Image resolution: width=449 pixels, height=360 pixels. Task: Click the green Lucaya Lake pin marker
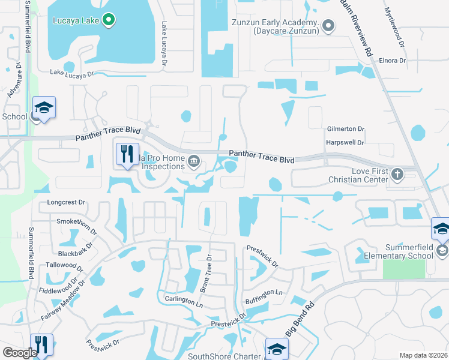click(109, 20)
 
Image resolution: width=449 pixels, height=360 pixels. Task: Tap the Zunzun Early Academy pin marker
click(328, 26)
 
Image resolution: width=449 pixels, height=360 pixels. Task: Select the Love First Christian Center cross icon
click(397, 174)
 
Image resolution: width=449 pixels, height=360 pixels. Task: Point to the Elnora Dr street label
click(393, 61)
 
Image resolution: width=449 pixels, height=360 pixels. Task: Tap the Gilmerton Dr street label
click(346, 129)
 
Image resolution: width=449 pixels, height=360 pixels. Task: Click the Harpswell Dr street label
click(345, 143)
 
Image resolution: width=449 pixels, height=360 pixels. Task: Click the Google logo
click(19, 353)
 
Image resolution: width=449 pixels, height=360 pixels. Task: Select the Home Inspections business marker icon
click(194, 160)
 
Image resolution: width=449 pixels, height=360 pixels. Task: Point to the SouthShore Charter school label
click(224, 356)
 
